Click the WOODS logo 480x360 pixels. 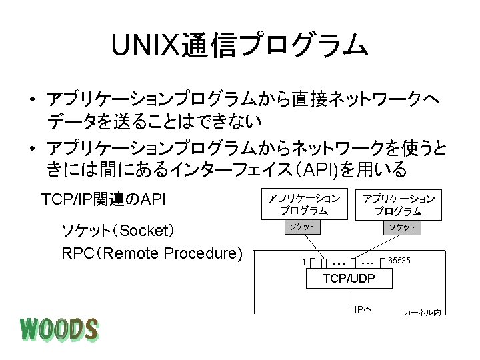coord(59,330)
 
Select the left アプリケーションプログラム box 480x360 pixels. coord(304,204)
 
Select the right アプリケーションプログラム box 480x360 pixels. coord(398,204)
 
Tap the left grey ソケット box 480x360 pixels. coord(301,227)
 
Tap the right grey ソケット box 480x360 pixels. coord(403,227)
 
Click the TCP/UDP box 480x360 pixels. coord(349,278)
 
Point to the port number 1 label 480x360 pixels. coord(304,261)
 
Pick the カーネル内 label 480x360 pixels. coord(422,312)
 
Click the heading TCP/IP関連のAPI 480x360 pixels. coord(103,200)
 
